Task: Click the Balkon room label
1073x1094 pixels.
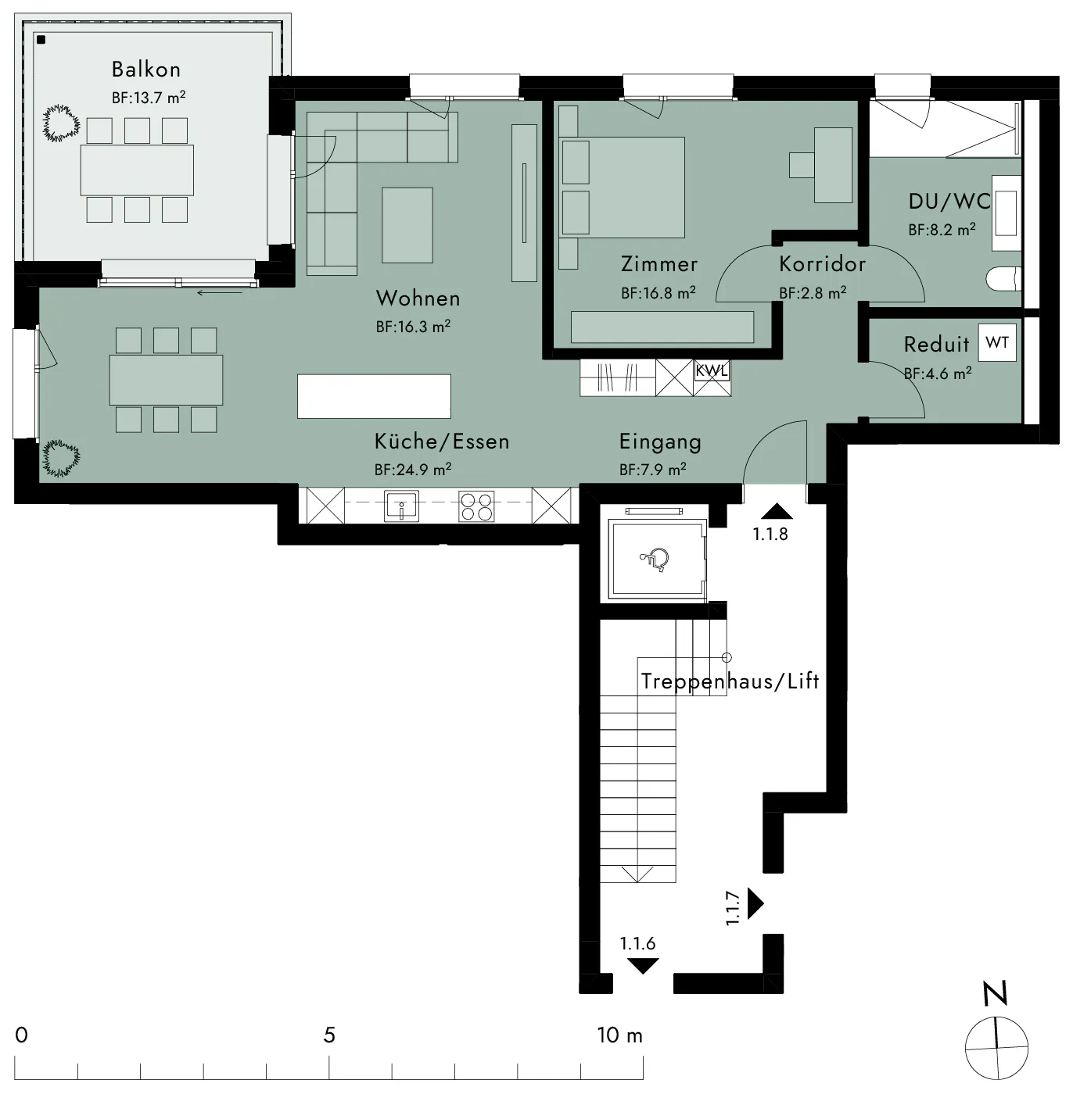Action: click(x=146, y=70)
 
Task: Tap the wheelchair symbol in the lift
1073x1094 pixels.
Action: click(x=655, y=560)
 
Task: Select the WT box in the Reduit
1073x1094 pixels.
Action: click(x=997, y=342)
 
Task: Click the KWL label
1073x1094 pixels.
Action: click(x=711, y=370)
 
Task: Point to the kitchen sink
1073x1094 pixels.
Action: click(x=402, y=506)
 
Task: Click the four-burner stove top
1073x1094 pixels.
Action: click(x=476, y=506)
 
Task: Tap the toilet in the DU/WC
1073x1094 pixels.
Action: click(x=1004, y=279)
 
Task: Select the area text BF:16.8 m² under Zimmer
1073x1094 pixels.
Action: click(x=659, y=293)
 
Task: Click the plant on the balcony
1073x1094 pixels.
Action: click(x=61, y=123)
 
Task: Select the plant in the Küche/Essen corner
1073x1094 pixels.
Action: click(x=61, y=458)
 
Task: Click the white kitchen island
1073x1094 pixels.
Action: click(x=374, y=396)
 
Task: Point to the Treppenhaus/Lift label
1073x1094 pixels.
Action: click(x=730, y=681)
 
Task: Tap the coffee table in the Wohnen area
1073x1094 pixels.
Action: click(x=407, y=225)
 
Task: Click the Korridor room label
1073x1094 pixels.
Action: click(x=823, y=264)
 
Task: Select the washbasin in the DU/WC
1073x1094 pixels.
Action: click(x=1007, y=213)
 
